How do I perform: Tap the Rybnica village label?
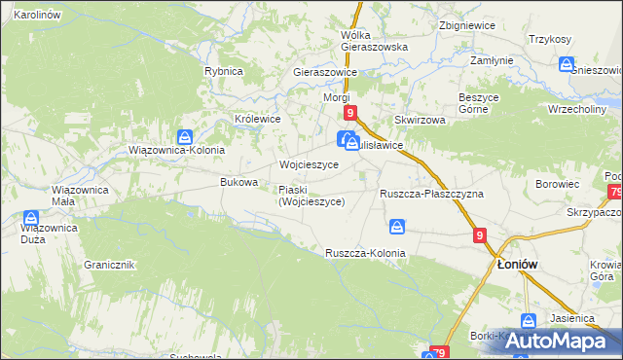[223, 71]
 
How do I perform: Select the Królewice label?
[258, 119]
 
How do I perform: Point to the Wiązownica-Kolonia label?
[177, 151]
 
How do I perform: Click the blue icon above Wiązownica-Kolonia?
[185, 136]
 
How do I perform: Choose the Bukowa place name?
[239, 182]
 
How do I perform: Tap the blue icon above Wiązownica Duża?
[32, 217]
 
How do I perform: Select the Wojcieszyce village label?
[309, 165]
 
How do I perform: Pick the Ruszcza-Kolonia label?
[365, 253]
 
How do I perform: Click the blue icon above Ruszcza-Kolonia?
[397, 227]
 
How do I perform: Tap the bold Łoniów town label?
[518, 264]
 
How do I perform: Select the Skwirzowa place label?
[420, 120]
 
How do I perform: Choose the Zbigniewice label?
[465, 25]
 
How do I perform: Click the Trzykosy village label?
[549, 39]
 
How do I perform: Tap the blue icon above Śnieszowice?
[567, 64]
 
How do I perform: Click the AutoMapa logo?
[555, 341]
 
